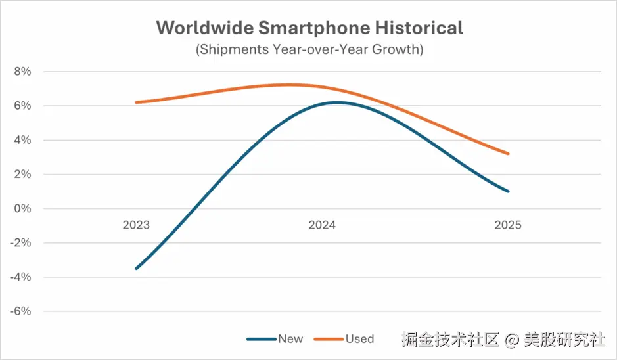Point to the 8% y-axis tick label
pyautogui.click(x=22, y=72)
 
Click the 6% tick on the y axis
pyautogui.click(x=22, y=106)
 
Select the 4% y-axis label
pyautogui.click(x=22, y=140)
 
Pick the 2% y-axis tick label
pyautogui.click(x=22, y=174)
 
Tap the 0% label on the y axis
pyautogui.click(x=22, y=208)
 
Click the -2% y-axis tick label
pyautogui.click(x=20, y=243)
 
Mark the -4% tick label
pyautogui.click(x=20, y=277)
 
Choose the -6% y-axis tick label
pyautogui.click(x=20, y=311)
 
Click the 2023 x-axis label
pyautogui.click(x=136, y=225)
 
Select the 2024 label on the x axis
pyautogui.click(x=322, y=225)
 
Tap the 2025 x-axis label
pyautogui.click(x=508, y=225)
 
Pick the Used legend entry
pyautogui.click(x=359, y=339)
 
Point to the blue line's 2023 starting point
pyautogui.click(x=136, y=269)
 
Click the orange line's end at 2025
pyautogui.click(x=508, y=154)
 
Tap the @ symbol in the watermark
pyautogui.click(x=513, y=340)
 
